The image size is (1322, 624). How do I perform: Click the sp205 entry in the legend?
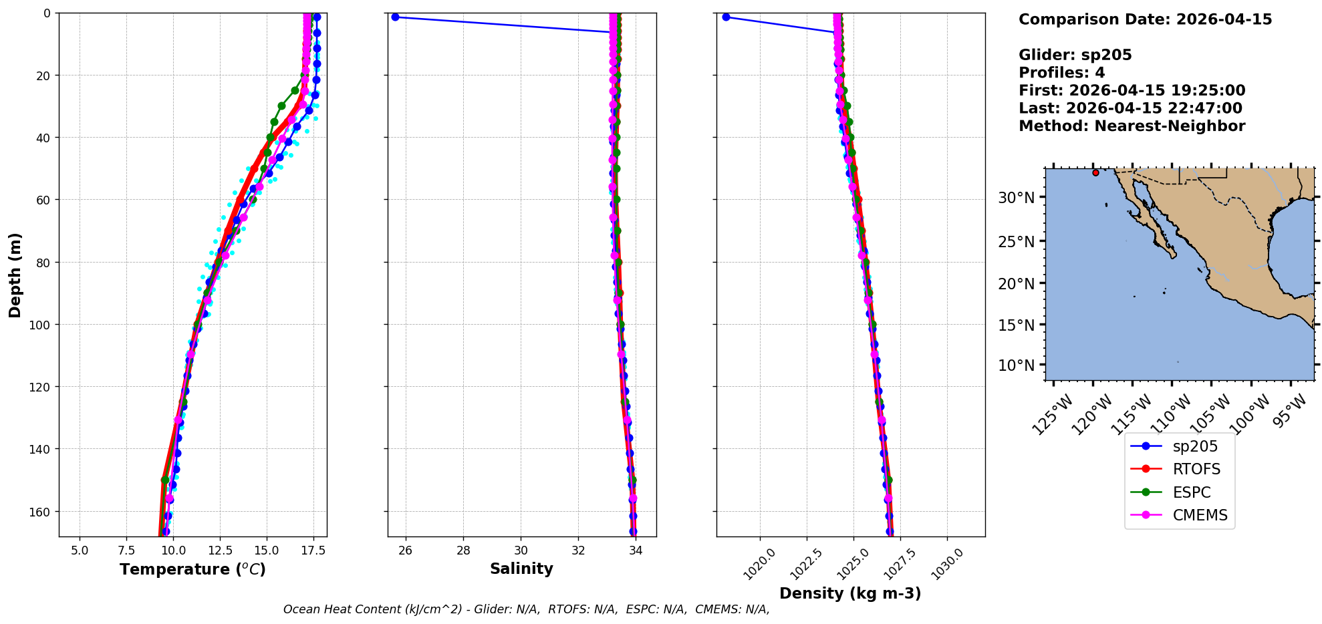pyautogui.click(x=1179, y=446)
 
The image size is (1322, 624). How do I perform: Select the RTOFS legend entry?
pyautogui.click(x=1179, y=469)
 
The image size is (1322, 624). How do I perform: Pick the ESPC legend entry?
pyautogui.click(x=1179, y=492)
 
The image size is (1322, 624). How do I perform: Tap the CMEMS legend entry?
pyautogui.click(x=1179, y=515)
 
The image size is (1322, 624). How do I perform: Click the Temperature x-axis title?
pyautogui.click(x=192, y=569)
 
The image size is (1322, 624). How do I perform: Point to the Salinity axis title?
pyautogui.click(x=521, y=569)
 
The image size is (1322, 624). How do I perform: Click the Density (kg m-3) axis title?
pyautogui.click(x=850, y=593)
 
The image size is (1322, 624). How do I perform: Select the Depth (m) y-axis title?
pyautogui.click(x=15, y=275)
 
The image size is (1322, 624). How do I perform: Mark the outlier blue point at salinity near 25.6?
pyautogui.click(x=395, y=17)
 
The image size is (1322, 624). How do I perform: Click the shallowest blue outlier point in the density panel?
pyautogui.click(x=726, y=17)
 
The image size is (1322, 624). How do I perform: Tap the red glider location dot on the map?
pyautogui.click(x=1095, y=172)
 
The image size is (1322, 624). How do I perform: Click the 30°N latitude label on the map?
pyautogui.click(x=1016, y=198)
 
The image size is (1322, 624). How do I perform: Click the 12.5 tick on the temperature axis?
pyautogui.click(x=220, y=551)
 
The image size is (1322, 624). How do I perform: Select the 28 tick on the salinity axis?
pyautogui.click(x=463, y=551)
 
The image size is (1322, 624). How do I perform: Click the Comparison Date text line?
pyautogui.click(x=1145, y=19)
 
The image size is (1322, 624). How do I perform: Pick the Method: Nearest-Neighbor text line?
pyautogui.click(x=1132, y=126)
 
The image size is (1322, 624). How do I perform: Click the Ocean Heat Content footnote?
pyautogui.click(x=526, y=609)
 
